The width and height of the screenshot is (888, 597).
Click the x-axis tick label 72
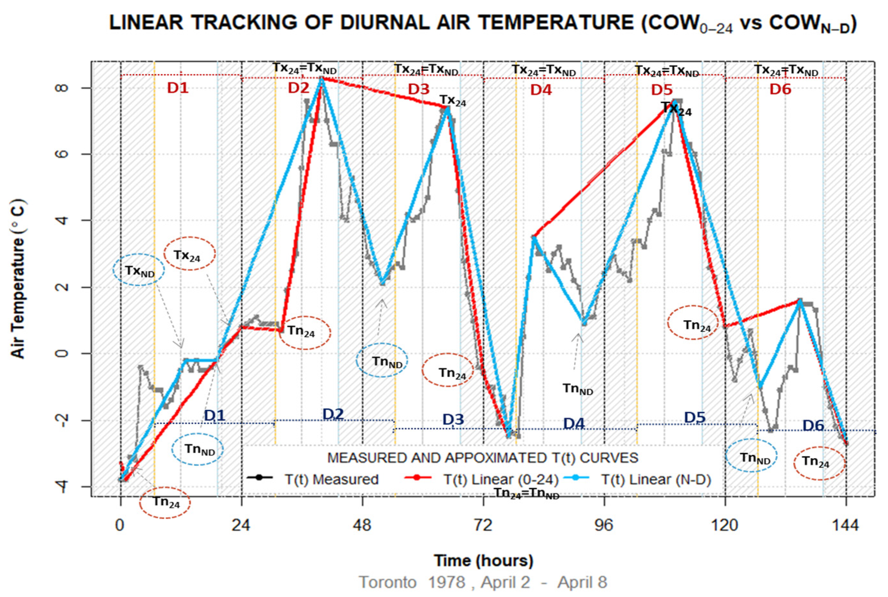tap(483, 526)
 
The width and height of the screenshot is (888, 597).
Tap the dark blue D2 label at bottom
tap(333, 414)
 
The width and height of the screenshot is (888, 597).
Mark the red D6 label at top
tap(780, 89)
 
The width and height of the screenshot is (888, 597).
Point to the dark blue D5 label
tap(695, 418)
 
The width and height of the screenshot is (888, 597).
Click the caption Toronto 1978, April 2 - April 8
tap(483, 582)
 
